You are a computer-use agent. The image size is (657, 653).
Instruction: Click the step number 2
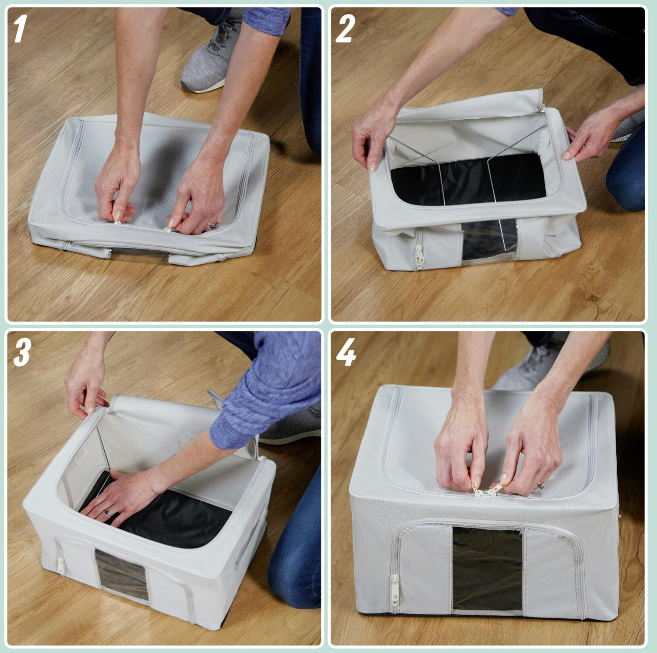pos(345,29)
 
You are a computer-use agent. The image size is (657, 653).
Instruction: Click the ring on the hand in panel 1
pos(213,225)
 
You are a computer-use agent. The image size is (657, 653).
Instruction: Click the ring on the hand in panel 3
pos(107,512)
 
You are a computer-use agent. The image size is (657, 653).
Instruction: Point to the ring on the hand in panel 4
pos(540,485)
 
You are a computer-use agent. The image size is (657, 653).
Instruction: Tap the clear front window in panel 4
pos(487,569)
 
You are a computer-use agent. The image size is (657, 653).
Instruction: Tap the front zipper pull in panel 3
pos(61,565)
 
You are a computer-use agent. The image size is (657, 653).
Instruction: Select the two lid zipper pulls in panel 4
pos(487,490)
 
